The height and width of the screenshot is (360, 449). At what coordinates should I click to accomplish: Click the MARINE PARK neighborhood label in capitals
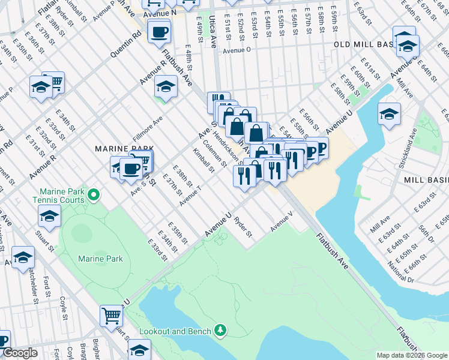[123, 148]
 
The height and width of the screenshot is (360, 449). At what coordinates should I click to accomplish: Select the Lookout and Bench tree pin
[221, 330]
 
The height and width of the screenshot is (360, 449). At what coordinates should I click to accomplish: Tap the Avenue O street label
[237, 51]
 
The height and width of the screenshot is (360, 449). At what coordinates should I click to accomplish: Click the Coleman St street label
[215, 154]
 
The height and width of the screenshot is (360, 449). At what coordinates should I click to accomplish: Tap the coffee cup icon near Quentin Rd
[159, 32]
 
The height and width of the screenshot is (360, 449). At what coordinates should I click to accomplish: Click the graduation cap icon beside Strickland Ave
[390, 113]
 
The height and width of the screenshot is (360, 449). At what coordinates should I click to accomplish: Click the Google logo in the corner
[20, 353]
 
